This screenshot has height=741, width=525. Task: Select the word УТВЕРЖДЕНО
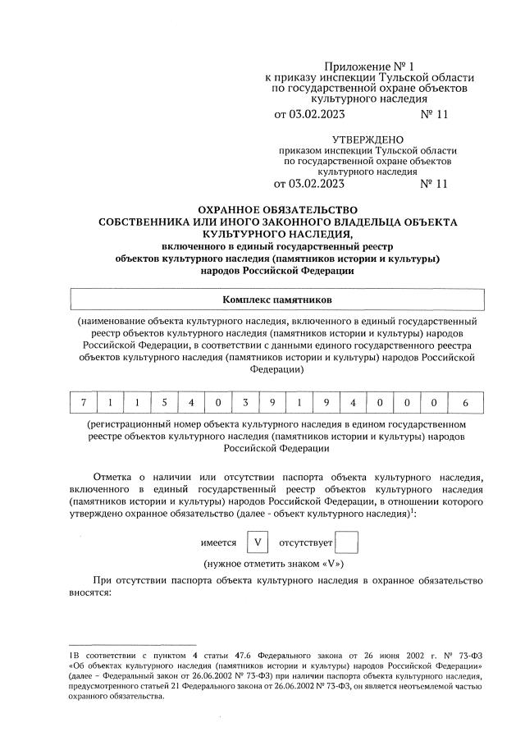(364, 140)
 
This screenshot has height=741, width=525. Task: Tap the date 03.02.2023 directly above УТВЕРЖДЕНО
(315, 116)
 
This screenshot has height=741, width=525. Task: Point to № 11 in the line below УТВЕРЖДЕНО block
(434, 184)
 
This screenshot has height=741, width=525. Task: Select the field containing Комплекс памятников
(276, 300)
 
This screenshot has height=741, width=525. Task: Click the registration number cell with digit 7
(83, 403)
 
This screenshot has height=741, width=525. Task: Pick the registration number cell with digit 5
(164, 403)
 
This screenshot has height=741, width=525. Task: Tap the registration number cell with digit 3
(244, 403)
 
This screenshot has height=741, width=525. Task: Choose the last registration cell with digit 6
(465, 403)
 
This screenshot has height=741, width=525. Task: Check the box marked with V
(258, 542)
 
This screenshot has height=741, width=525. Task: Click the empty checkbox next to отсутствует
(348, 542)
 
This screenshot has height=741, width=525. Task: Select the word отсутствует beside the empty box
(306, 543)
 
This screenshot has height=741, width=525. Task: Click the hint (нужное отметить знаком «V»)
(273, 565)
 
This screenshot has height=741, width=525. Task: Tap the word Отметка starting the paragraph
(114, 476)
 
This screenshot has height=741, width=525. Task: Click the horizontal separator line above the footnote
(132, 645)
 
